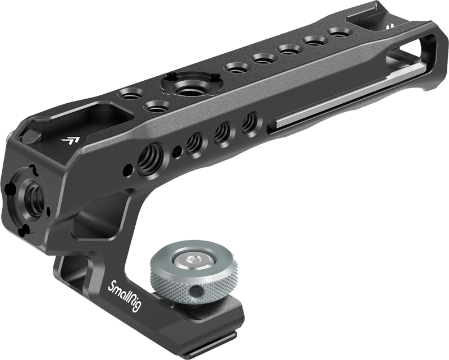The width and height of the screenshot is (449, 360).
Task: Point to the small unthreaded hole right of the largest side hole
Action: click(x=177, y=151)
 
